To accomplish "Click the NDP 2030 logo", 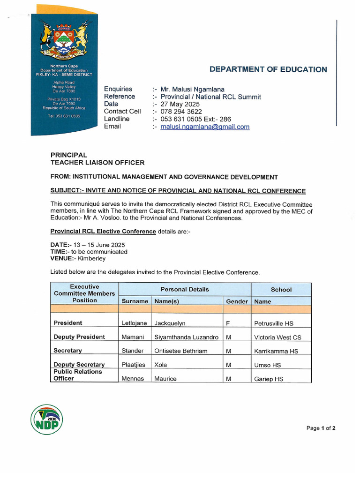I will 46,419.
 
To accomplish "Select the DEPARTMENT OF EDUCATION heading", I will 268,69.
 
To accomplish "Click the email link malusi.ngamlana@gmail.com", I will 205,127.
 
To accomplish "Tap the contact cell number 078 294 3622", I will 181,112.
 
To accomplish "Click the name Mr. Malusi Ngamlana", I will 192,89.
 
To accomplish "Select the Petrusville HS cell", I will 274,323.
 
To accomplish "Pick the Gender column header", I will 237,301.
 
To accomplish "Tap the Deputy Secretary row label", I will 79,365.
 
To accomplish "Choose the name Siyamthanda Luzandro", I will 186,337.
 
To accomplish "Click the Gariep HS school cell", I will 269,379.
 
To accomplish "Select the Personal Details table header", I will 185,289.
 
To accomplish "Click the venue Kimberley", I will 91,258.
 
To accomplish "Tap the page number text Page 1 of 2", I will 321,428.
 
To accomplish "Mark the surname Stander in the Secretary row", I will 133,351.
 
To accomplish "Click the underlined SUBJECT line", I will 178,191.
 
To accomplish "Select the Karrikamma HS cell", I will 276,351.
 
